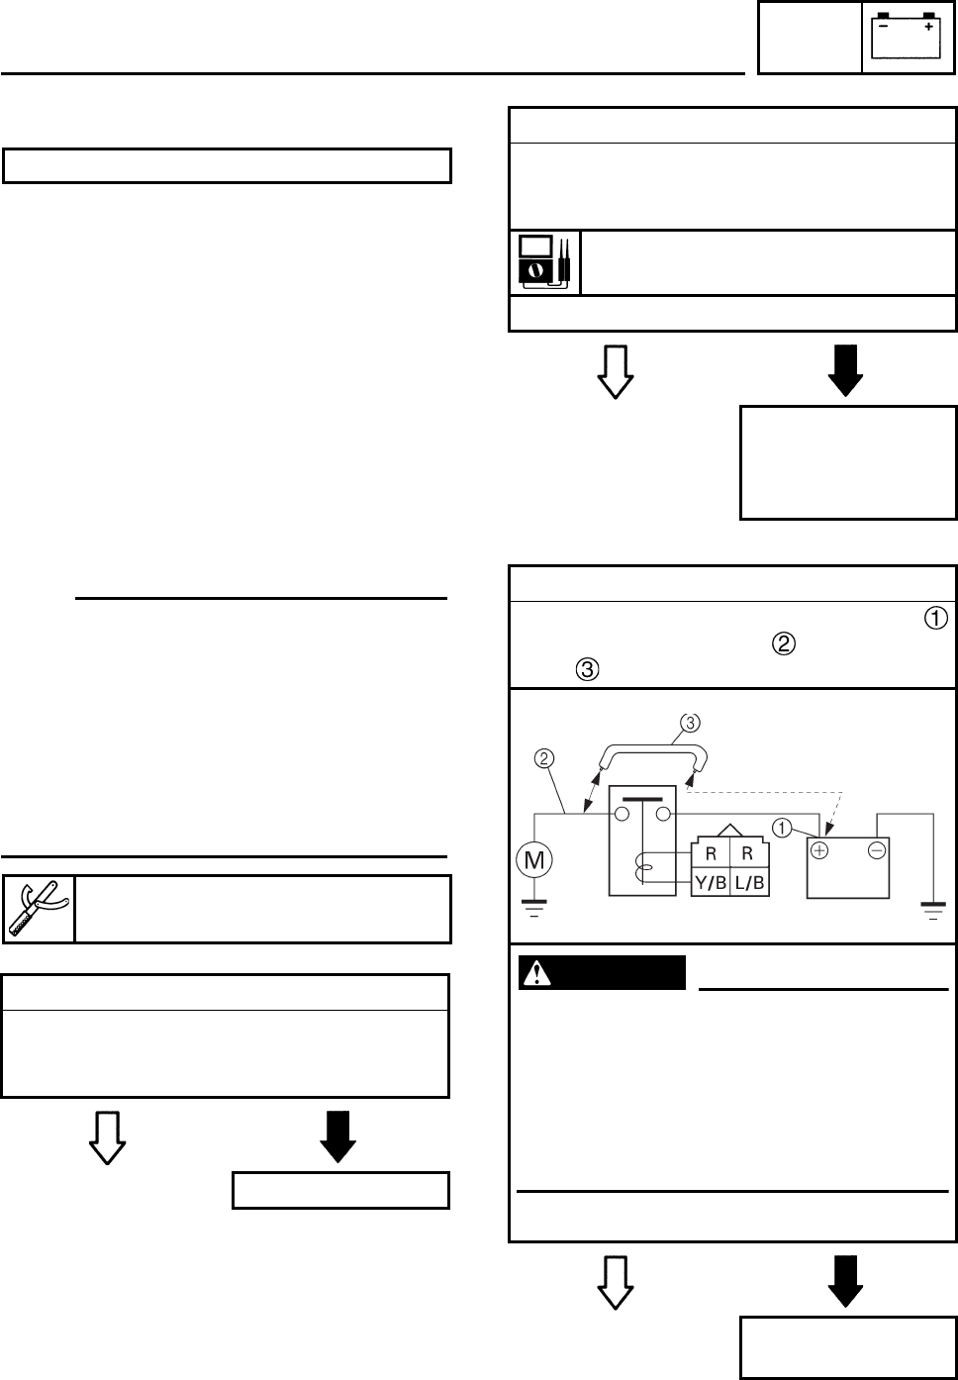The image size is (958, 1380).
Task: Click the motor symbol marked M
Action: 535,860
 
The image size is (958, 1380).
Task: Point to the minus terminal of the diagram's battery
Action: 877,850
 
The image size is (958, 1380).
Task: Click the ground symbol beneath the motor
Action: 535,907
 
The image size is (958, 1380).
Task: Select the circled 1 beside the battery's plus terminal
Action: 783,829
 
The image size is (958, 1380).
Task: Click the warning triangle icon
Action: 537,973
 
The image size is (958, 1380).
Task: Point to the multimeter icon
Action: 544,262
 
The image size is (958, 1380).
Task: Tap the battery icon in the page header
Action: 905,38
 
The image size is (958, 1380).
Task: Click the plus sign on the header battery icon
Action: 928,28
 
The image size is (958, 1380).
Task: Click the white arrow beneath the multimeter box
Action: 616,371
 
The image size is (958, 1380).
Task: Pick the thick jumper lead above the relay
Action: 652,751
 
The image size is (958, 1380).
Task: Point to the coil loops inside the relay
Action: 643,870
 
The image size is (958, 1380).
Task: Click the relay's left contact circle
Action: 623,815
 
